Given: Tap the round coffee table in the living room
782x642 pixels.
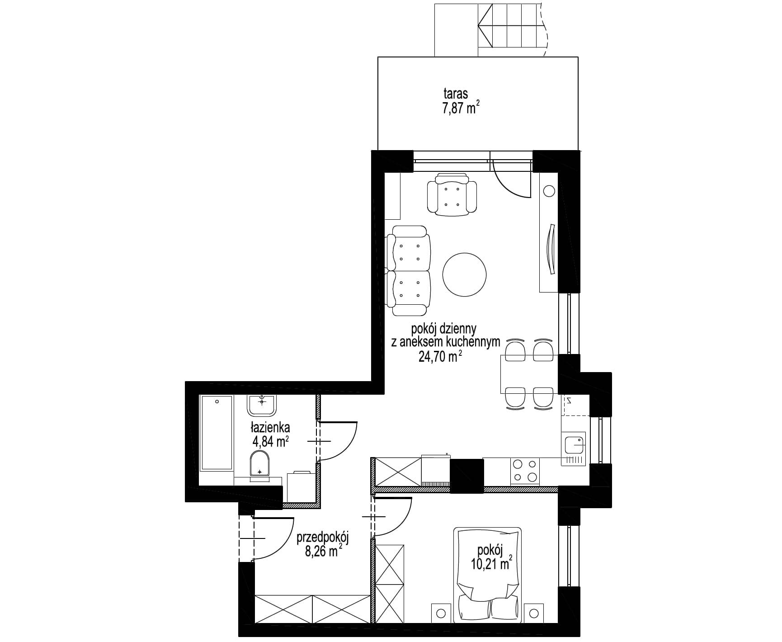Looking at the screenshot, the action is click(465, 274).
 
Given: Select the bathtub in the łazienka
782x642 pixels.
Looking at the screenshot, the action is click(217, 432).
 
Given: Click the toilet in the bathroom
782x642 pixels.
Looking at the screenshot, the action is click(259, 463).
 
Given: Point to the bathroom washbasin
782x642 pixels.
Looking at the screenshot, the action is click(262, 405).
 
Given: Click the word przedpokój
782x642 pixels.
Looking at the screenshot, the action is click(323, 539).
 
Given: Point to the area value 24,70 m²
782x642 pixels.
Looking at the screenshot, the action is click(440, 358).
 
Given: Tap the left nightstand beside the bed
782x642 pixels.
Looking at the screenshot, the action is click(441, 613).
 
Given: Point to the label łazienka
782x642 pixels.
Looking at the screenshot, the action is click(271, 427).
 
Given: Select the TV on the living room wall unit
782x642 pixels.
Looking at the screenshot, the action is click(550, 249).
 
